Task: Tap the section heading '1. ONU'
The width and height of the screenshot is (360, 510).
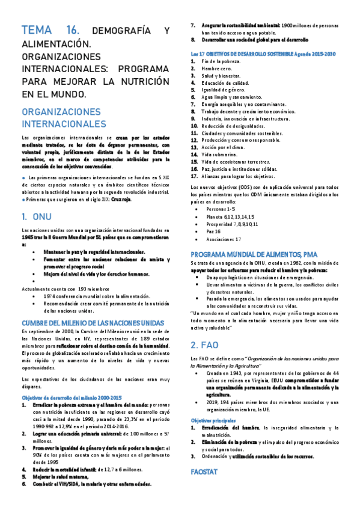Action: click(x=37, y=216)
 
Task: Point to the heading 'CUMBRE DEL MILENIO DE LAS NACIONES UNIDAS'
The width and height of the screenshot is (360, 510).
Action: click(x=89, y=322)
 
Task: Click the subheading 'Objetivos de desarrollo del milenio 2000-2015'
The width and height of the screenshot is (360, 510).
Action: click(x=72, y=381)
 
